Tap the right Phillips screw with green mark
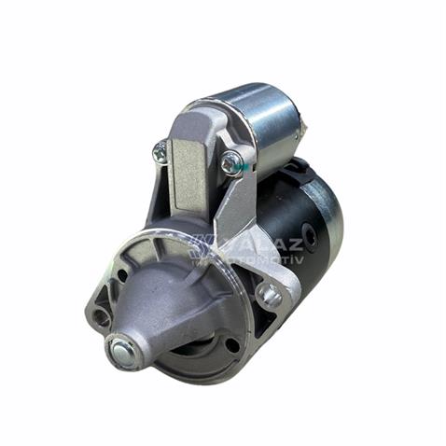click(x=230, y=163)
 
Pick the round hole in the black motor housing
click(x=310, y=236)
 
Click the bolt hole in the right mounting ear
click(x=270, y=296)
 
